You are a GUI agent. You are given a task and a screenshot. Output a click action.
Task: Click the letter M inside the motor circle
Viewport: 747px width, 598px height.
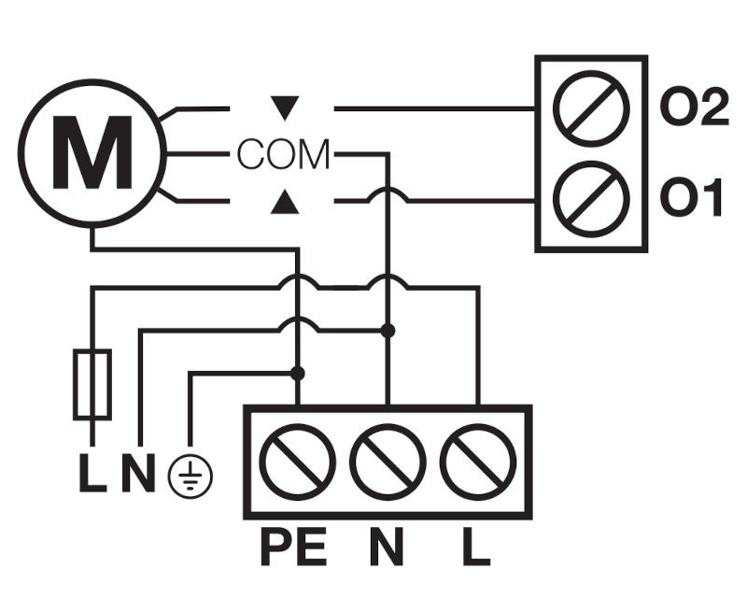92,152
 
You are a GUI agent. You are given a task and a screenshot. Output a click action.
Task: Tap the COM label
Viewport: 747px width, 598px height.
283,154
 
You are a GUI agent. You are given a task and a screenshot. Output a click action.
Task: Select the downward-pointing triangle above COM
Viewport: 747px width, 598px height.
285,107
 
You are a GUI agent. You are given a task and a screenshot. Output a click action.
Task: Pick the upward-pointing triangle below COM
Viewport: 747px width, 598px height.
285,201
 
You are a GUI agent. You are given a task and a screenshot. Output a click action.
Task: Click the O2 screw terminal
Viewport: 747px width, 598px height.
591,108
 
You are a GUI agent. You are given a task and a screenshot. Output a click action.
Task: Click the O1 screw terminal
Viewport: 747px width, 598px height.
591,199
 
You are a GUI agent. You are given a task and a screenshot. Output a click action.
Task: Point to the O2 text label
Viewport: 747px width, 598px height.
694,107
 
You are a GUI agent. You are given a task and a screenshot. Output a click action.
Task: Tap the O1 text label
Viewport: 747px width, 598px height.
691,197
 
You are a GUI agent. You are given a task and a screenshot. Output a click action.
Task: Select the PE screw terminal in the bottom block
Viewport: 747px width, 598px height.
297,462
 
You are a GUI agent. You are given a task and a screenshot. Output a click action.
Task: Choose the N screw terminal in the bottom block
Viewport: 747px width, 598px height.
388,462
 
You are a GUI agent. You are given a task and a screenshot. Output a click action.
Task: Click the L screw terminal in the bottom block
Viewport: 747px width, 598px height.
478,462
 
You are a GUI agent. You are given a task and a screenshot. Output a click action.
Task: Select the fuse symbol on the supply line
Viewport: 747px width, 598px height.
92,384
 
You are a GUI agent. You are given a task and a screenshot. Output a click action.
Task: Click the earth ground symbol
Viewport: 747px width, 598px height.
190,476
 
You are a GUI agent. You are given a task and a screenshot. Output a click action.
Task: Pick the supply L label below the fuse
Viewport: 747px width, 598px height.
92,473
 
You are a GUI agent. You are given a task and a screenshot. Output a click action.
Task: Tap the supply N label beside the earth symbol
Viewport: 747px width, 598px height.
138,473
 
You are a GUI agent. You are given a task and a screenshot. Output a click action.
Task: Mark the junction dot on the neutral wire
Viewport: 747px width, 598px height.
388,330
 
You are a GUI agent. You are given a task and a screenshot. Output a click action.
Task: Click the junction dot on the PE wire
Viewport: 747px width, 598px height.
297,373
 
